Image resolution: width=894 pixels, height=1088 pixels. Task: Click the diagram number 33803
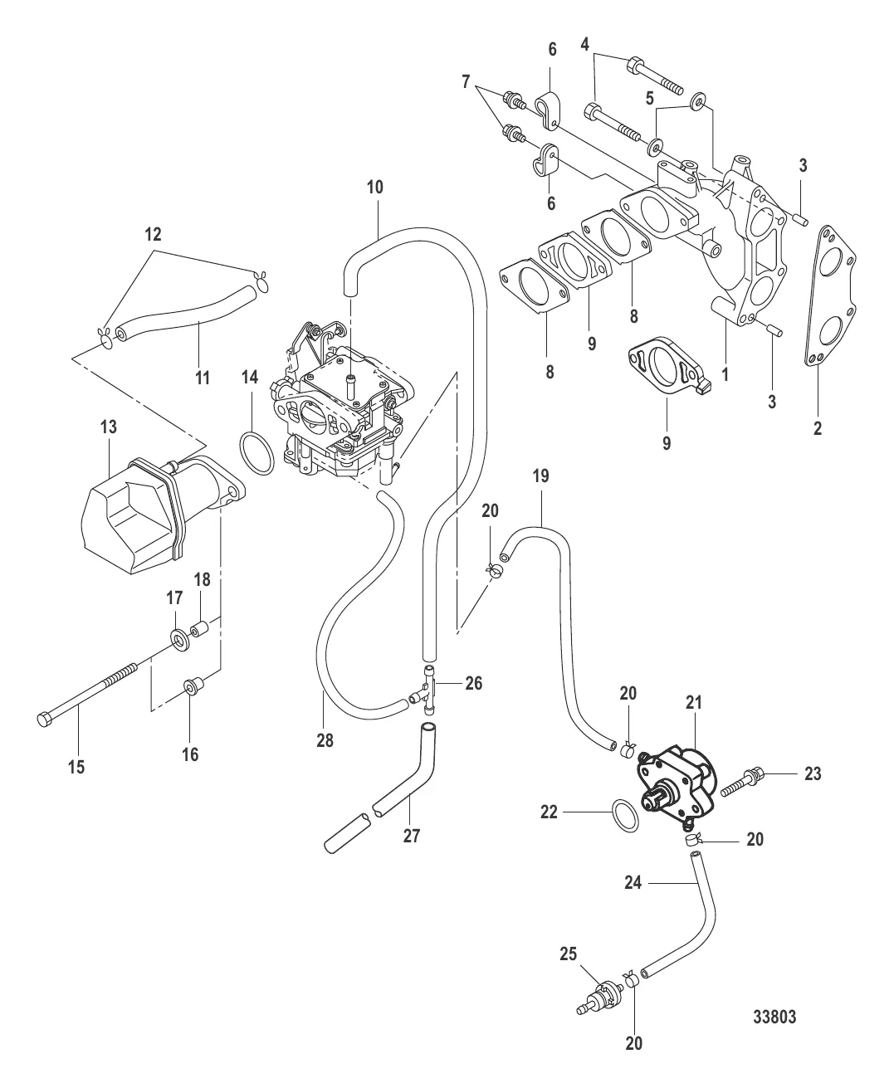pos(775,1017)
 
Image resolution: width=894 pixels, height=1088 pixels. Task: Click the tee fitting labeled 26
pos(428,689)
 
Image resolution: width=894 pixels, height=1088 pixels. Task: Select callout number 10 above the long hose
pos(374,187)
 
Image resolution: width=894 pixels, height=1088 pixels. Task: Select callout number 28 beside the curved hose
pos(325,739)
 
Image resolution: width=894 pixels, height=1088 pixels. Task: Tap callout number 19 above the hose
pos(540,476)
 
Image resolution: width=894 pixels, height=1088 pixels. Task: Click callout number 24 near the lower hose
pos(633,884)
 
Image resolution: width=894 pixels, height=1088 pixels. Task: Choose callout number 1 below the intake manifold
pos(725,374)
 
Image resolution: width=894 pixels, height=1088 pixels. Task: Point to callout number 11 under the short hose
pos(201,378)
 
